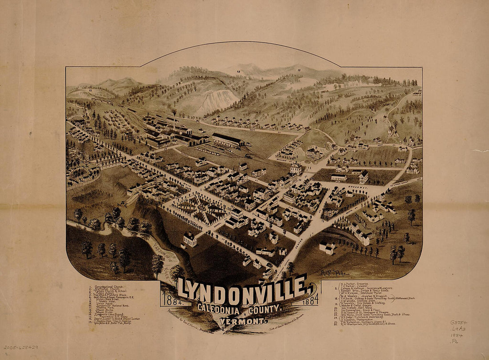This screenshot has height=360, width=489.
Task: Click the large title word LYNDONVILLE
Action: pos(242,289)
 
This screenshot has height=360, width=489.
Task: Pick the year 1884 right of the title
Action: pos(310,300)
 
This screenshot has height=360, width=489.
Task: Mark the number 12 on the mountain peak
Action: pos(238,72)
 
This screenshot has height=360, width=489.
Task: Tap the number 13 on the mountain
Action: pos(299,70)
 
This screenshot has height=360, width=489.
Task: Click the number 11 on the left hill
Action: pos(90,90)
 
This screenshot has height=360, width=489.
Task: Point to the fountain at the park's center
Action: pos(202,207)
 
